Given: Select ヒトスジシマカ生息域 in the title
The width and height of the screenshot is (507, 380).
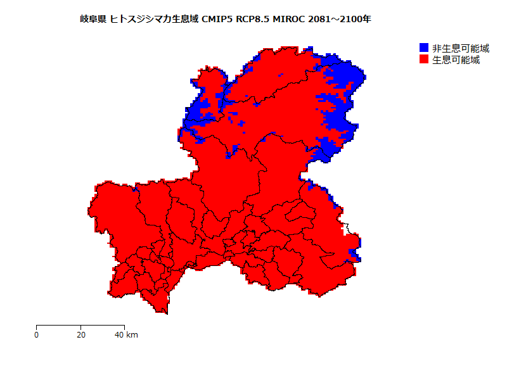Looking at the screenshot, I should pyautogui.click(x=154, y=20).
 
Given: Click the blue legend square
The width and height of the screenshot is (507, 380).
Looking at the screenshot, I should pyautogui.click(x=424, y=48).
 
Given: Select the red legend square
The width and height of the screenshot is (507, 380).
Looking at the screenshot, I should pyautogui.click(x=424, y=60).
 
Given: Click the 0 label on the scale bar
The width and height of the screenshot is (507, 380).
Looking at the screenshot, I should pyautogui.click(x=37, y=334).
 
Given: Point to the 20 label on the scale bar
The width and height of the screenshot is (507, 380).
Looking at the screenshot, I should pyautogui.click(x=81, y=334).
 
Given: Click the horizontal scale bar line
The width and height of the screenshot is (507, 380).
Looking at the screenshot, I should pyautogui.click(x=80, y=326).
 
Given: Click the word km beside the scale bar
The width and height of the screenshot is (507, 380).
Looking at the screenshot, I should pyautogui.click(x=132, y=334).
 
